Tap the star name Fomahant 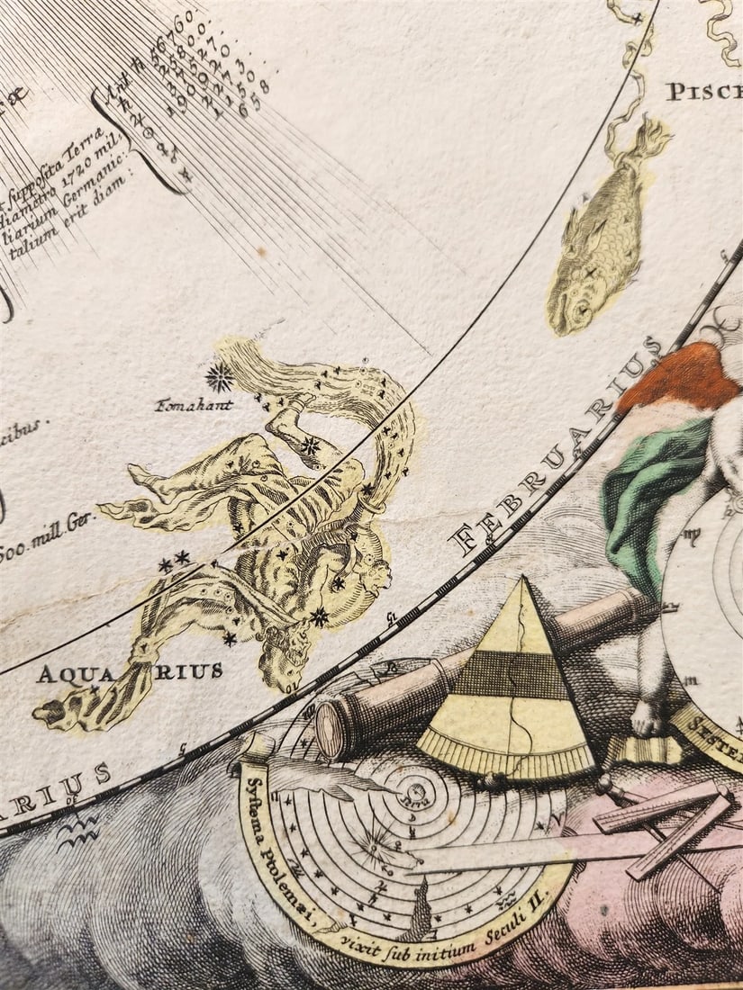click(195, 405)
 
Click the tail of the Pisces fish click(651, 139)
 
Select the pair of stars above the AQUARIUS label click(174, 562)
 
